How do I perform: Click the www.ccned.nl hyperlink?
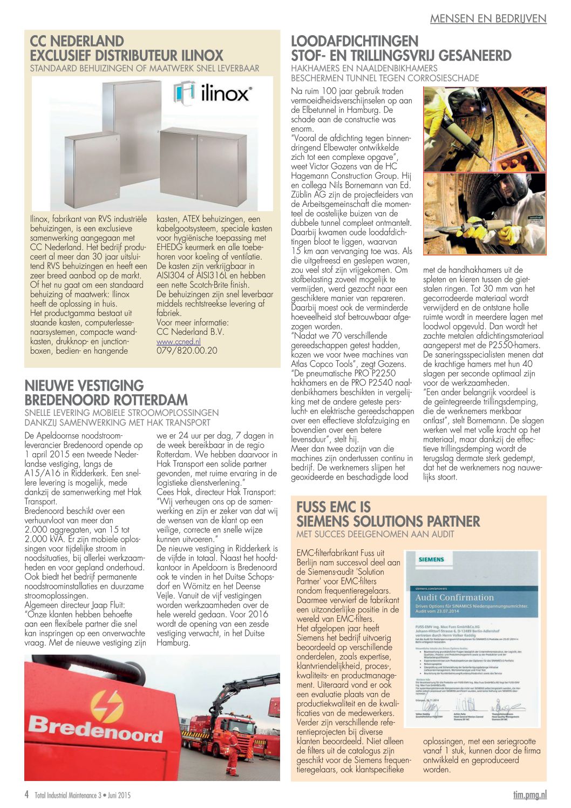(178, 341)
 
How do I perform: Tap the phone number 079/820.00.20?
(187, 351)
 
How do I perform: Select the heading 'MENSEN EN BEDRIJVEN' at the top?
(488, 18)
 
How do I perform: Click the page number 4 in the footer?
(27, 794)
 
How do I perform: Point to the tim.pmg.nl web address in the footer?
(529, 794)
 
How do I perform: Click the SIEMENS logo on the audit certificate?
(431, 560)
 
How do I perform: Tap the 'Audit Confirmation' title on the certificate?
(454, 597)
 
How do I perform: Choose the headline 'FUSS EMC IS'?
(334, 507)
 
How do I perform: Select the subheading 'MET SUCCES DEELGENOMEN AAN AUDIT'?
(375, 534)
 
